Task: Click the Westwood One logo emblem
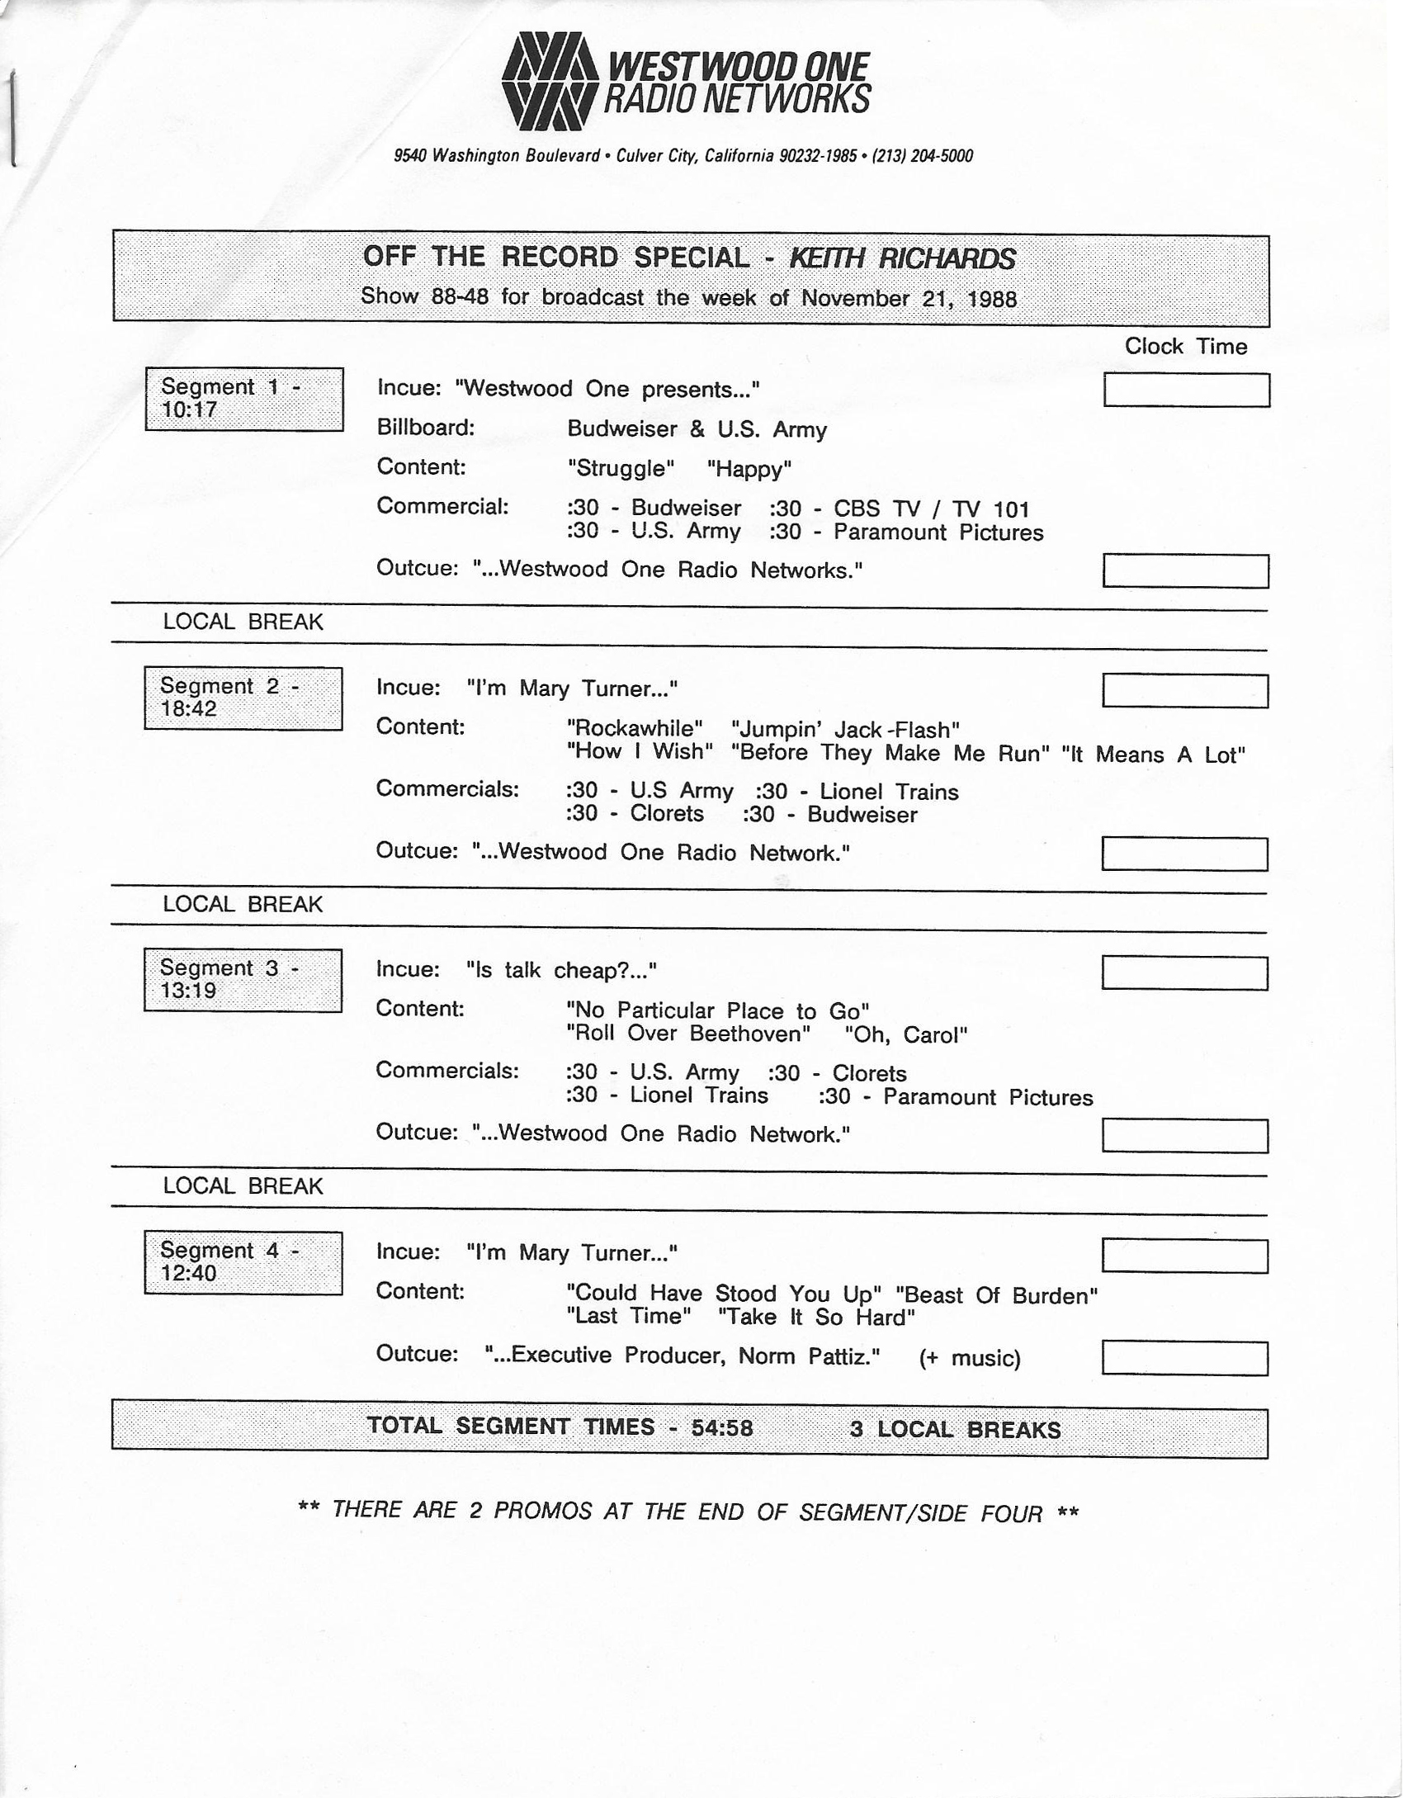(549, 82)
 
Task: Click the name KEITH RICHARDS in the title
(902, 258)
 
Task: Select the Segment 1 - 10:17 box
(243, 399)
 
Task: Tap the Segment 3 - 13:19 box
(243, 980)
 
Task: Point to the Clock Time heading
(1185, 347)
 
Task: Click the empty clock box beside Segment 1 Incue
(1186, 390)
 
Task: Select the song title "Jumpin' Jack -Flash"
(845, 730)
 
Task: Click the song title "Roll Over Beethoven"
(688, 1034)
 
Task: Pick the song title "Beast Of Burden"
(996, 1295)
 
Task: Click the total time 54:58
(722, 1428)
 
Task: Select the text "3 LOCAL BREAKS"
(955, 1429)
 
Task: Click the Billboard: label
(426, 428)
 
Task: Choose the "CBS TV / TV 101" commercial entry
(931, 509)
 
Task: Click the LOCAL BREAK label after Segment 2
(243, 904)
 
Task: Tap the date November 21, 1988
(909, 298)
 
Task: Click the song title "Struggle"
(621, 469)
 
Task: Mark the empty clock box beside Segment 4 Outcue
(1184, 1358)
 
